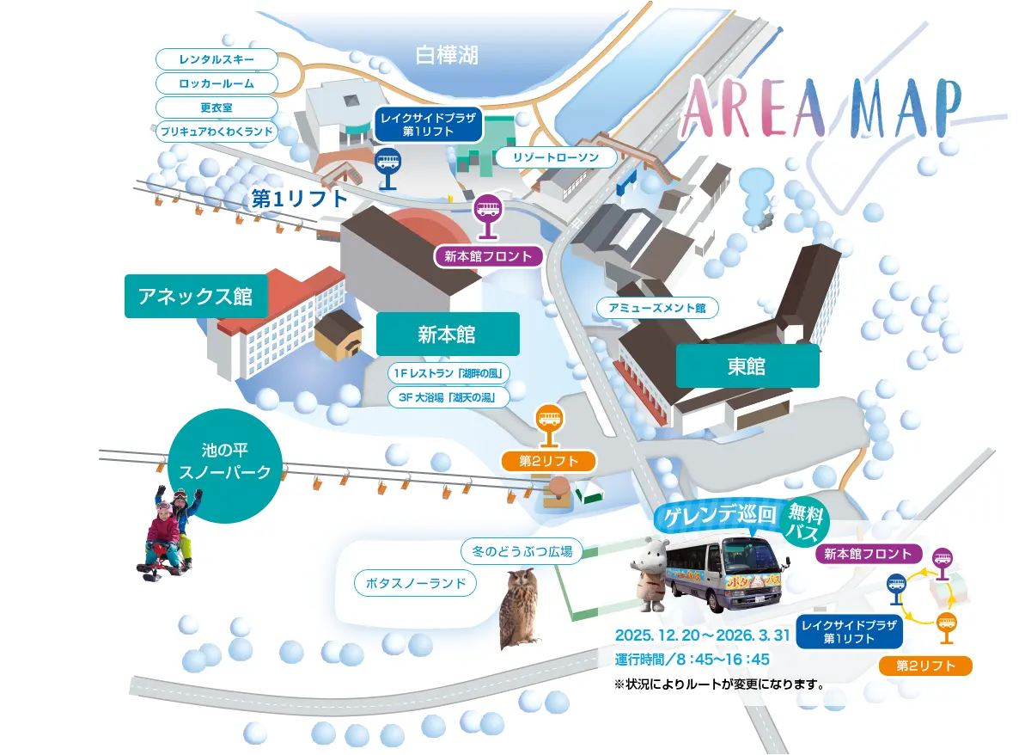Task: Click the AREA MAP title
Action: click(821, 109)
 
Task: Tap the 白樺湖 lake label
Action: click(447, 56)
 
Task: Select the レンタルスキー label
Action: click(217, 59)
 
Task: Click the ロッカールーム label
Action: click(217, 83)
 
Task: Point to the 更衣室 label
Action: click(217, 107)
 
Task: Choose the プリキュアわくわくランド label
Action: click(217, 132)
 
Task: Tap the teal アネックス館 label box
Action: click(196, 297)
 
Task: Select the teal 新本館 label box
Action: click(448, 335)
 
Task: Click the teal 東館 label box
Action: click(747, 366)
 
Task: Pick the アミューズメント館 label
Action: click(657, 308)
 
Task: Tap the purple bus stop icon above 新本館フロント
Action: click(488, 213)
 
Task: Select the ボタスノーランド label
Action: click(415, 584)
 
